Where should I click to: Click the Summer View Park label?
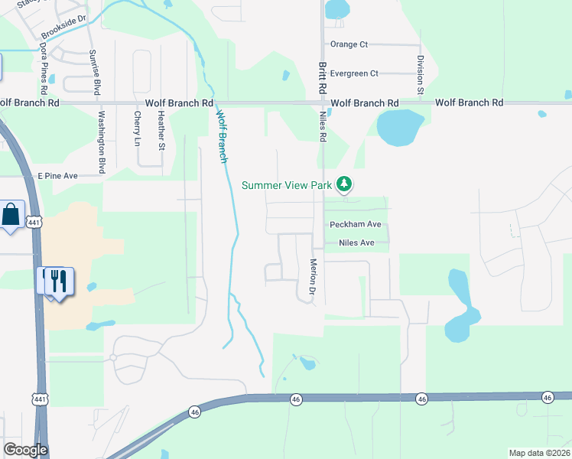point(288,185)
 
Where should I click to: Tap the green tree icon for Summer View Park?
point(345,184)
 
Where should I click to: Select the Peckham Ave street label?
point(355,225)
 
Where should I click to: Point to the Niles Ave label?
point(351,243)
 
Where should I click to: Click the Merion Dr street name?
point(312,276)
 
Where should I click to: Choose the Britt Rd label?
point(323,76)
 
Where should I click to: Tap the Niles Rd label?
point(323,126)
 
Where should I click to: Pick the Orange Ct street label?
point(349,44)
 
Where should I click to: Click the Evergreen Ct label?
point(354,73)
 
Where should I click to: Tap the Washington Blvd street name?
point(100,142)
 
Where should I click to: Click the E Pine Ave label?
point(58,176)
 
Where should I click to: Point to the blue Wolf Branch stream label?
point(222,137)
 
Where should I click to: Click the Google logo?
point(24,451)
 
